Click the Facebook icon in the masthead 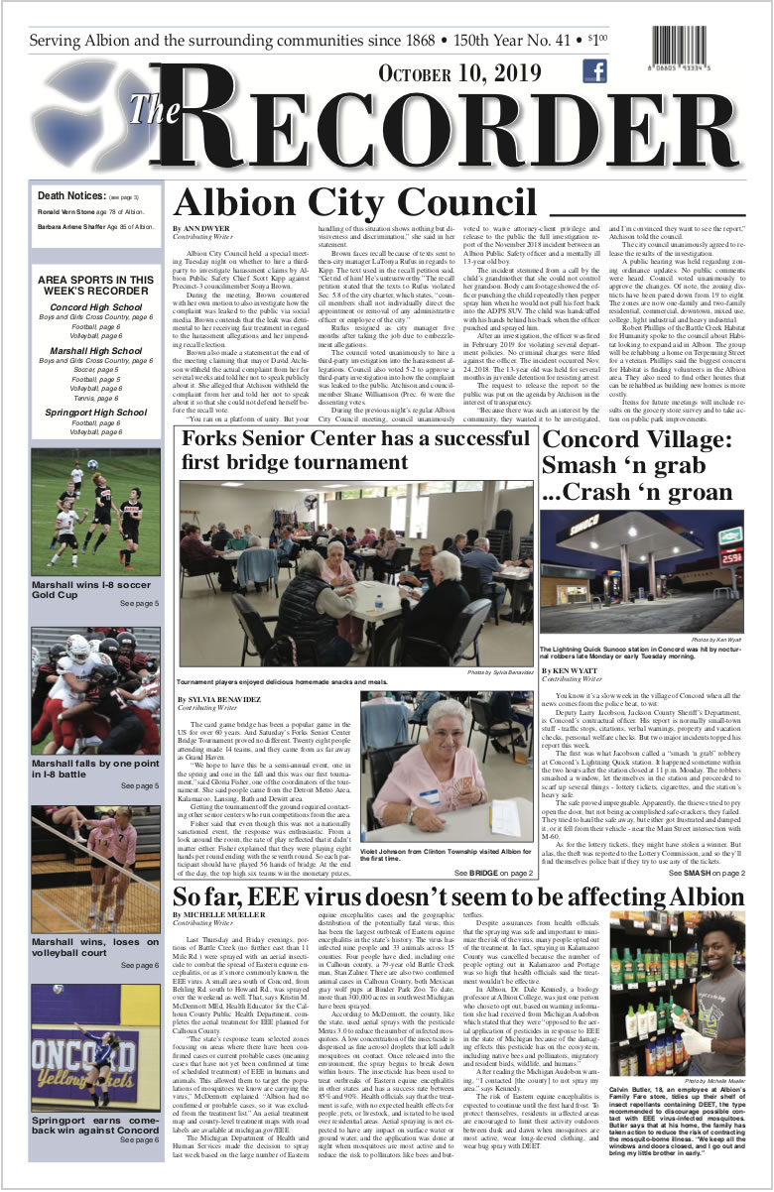(x=595, y=71)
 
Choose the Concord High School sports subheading (x=96, y=307)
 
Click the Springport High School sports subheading (x=96, y=412)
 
